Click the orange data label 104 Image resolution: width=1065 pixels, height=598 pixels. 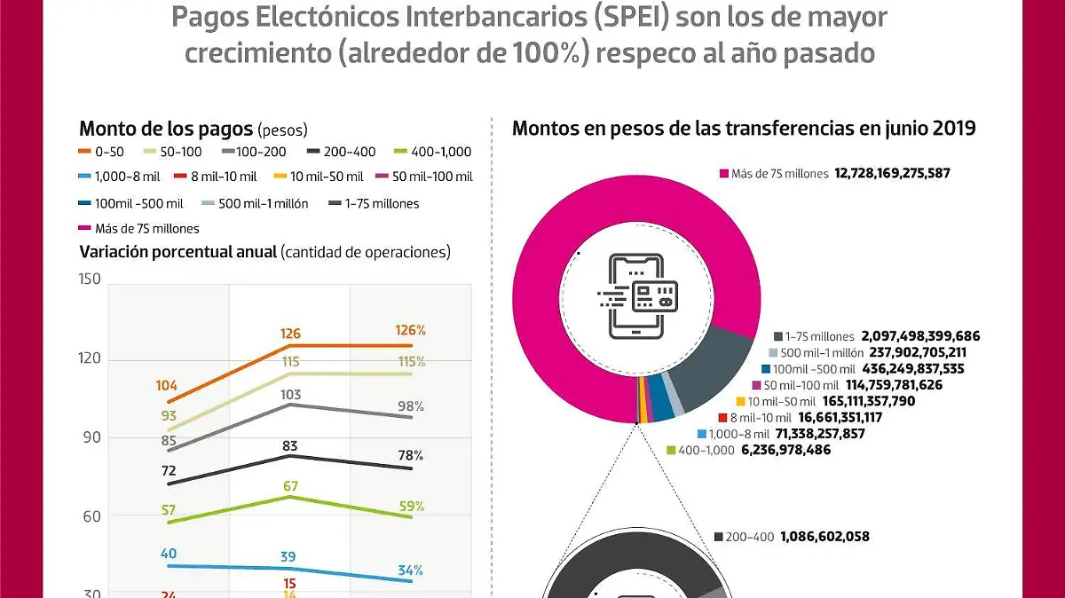click(166, 386)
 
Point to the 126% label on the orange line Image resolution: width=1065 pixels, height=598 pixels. click(409, 330)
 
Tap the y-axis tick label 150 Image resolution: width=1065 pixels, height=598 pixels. click(90, 279)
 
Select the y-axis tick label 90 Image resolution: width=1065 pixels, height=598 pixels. click(90, 437)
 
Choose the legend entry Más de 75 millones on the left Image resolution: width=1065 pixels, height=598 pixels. click(139, 228)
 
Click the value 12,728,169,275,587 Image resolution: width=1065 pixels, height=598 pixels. click(892, 173)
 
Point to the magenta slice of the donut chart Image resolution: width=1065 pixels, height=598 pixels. click(568, 204)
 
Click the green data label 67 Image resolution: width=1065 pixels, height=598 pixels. click(289, 485)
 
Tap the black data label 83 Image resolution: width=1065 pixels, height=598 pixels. click(289, 445)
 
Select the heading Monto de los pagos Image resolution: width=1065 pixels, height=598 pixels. click(165, 129)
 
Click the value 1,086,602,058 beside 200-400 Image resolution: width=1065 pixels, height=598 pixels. click(824, 537)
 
